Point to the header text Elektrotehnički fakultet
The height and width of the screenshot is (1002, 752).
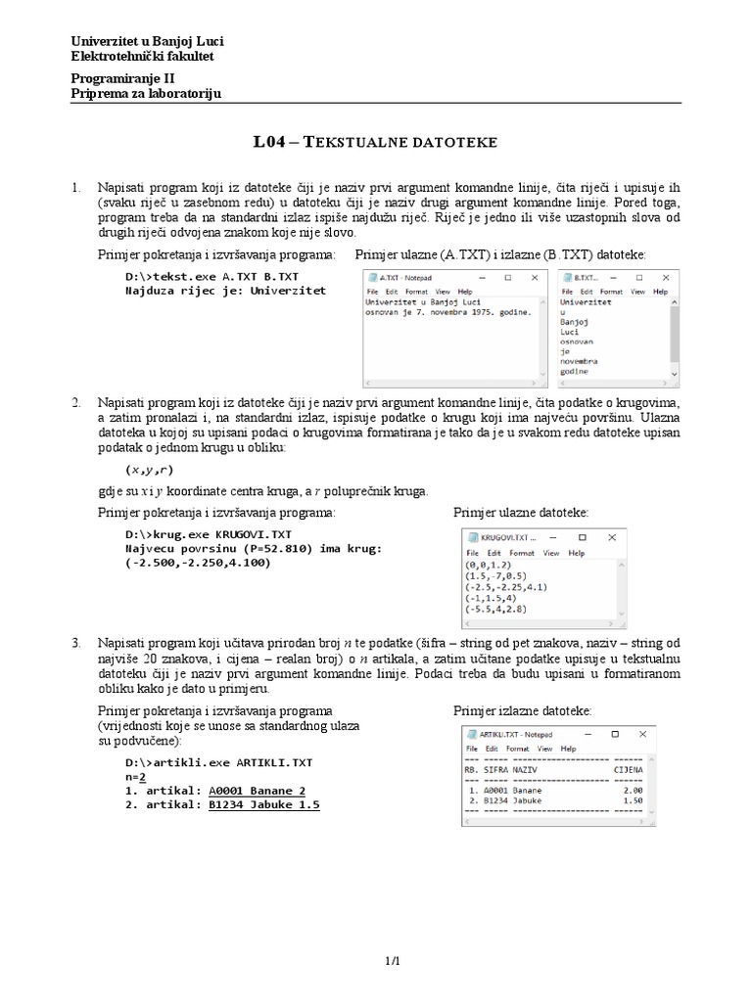(143, 56)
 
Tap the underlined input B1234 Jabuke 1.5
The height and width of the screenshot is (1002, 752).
(263, 804)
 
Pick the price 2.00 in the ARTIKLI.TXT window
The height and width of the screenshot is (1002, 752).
(632, 791)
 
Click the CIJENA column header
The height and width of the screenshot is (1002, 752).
(628, 770)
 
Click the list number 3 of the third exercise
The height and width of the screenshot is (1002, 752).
(75, 642)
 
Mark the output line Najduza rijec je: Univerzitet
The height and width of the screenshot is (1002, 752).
(225, 291)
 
